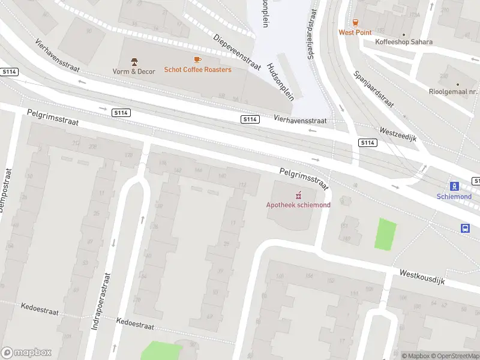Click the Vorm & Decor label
134,71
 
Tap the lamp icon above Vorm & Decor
134,61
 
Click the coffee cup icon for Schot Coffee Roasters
197,59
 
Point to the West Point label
355,32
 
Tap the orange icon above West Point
355,22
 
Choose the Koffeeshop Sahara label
403,42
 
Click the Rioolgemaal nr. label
457,92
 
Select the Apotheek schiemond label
298,205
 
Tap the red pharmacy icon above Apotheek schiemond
298,194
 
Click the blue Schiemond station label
454,196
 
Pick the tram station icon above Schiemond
454,186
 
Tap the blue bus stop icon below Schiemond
465,228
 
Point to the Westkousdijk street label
422,277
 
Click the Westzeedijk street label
398,134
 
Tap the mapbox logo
26,352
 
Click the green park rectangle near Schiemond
386,235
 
